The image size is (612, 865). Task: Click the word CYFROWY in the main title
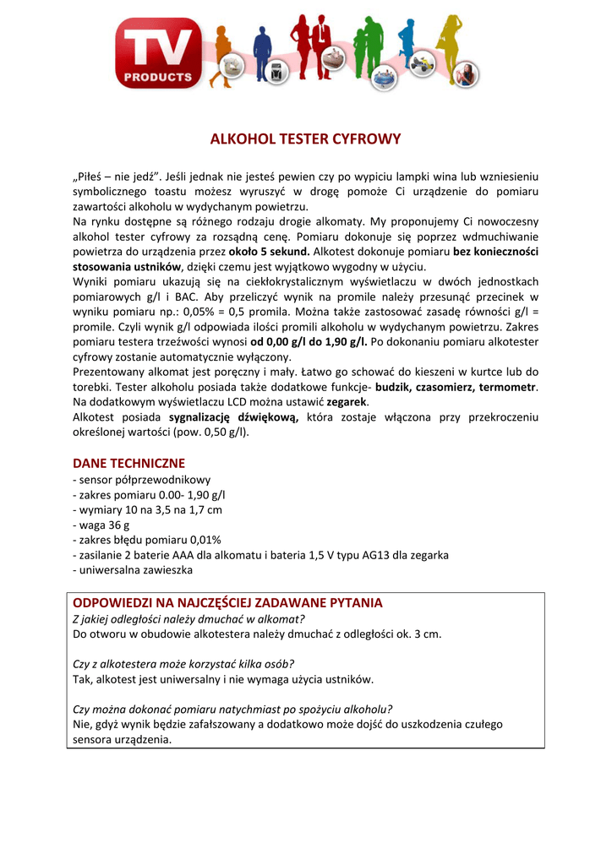pyautogui.click(x=366, y=139)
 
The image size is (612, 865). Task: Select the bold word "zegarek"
pyautogui.click(x=348, y=402)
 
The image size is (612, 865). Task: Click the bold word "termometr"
pyautogui.click(x=508, y=387)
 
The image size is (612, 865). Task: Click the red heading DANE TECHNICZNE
pyautogui.click(x=128, y=464)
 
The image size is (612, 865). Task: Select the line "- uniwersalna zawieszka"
pyautogui.click(x=133, y=570)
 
